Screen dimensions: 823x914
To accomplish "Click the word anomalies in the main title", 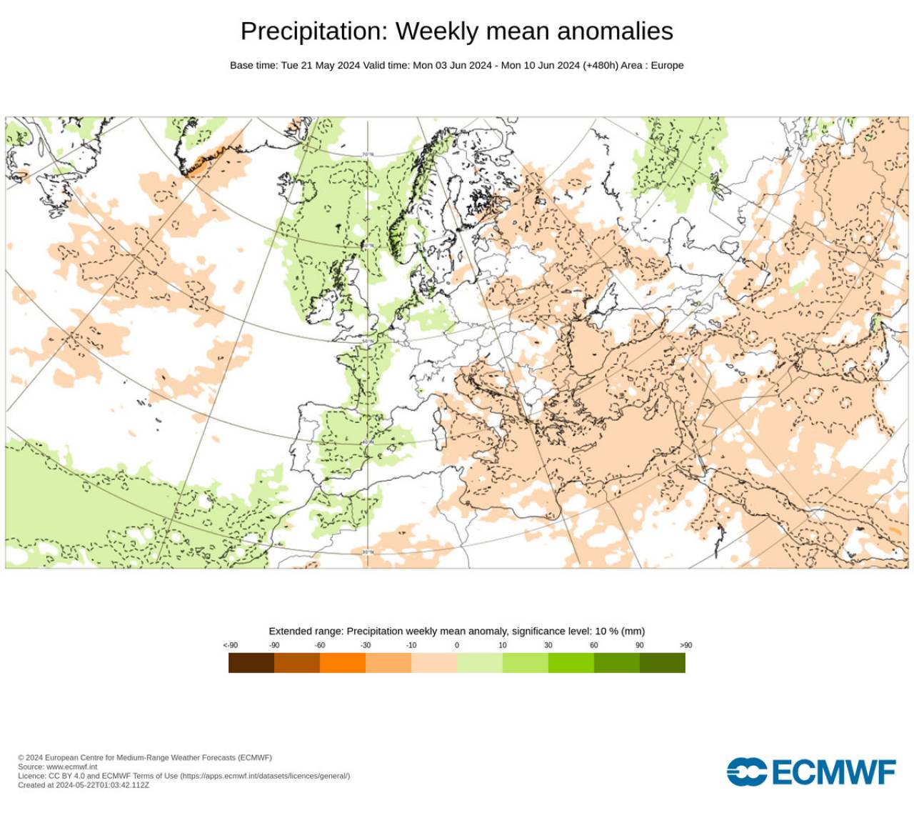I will (x=615, y=31).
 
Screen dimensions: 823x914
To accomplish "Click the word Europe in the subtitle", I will (x=667, y=65).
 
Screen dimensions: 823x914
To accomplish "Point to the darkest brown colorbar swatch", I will (x=251, y=663).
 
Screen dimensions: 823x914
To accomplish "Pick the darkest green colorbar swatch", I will (x=662, y=663).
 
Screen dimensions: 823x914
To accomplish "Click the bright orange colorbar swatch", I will (x=342, y=663).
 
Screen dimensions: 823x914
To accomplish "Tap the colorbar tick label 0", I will (x=457, y=645).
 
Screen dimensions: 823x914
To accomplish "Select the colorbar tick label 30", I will (x=548, y=645).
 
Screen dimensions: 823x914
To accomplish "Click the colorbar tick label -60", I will (x=320, y=645).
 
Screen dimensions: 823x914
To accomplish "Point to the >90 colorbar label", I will (x=685, y=645).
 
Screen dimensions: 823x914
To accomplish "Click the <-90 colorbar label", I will (x=230, y=645).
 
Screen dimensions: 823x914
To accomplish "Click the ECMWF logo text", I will (x=833, y=772).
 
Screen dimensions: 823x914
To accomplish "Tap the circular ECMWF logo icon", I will (x=746, y=772).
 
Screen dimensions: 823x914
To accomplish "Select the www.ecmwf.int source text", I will (x=71, y=767).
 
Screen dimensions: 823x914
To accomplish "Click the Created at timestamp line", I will (x=84, y=785).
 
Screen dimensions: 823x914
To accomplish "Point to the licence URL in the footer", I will (x=264, y=776).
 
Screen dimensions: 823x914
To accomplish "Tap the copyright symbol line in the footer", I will (x=144, y=757).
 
